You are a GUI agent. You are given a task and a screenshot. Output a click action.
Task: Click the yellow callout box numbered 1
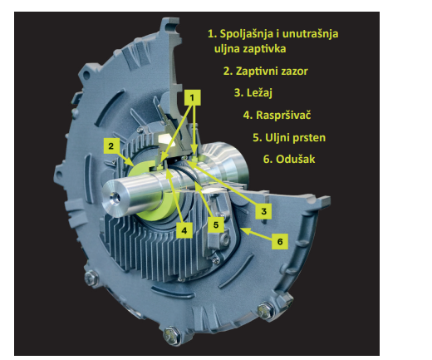tap(192, 97)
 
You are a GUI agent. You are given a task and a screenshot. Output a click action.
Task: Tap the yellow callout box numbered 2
tap(111, 145)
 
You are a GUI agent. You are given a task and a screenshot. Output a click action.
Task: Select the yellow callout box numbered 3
tap(263, 211)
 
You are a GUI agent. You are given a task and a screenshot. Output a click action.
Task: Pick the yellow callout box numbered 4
tap(184, 230)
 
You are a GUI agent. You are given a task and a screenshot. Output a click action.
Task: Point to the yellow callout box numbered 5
tap(216, 224)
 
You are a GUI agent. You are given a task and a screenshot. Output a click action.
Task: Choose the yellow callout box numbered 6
tap(280, 241)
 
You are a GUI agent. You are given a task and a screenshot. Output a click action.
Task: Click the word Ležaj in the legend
tap(259, 93)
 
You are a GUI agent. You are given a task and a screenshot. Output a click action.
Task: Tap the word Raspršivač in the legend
tap(283, 115)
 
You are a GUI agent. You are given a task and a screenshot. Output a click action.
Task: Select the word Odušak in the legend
tap(296, 159)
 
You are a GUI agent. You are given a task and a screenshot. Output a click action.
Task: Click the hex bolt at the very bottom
tap(171, 334)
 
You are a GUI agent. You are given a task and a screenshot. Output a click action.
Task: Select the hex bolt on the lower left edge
tap(91, 278)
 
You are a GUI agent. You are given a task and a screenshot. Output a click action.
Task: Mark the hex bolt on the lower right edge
tap(265, 311)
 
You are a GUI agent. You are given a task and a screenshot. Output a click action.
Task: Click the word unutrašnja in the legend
tap(310, 34)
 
